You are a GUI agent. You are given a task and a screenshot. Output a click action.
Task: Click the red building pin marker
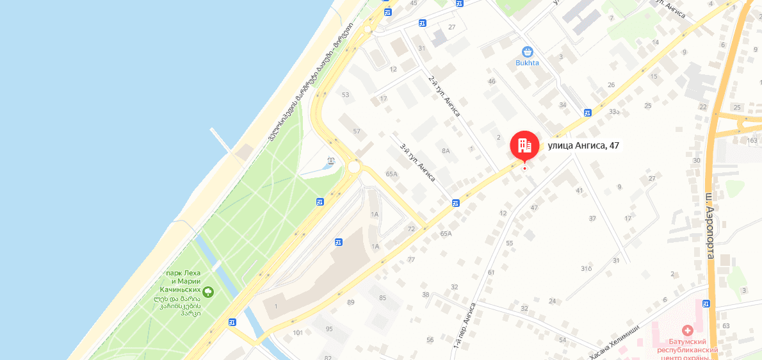pyautogui.click(x=524, y=145)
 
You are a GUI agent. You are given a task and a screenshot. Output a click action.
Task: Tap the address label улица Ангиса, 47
pyautogui.click(x=583, y=145)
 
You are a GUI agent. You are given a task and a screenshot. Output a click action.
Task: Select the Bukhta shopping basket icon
pyautogui.click(x=528, y=51)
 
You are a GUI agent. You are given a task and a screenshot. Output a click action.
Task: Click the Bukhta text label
pyautogui.click(x=528, y=63)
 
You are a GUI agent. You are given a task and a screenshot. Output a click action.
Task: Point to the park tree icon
pyautogui.click(x=208, y=293)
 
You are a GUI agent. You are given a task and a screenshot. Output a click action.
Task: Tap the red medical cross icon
pyautogui.click(x=687, y=331)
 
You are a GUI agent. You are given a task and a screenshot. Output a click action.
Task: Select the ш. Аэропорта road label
pyautogui.click(x=709, y=227)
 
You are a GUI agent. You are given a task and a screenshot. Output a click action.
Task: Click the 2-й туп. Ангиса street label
pyautogui.click(x=444, y=96)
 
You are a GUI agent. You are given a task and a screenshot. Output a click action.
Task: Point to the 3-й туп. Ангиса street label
pyautogui.click(x=417, y=163)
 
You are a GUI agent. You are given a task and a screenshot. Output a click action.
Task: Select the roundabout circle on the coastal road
pyautogui.click(x=354, y=167)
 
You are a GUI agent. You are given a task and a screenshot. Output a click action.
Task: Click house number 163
pyautogui.click(x=752, y=140)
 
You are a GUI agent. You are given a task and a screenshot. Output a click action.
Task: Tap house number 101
pyautogui.click(x=297, y=332)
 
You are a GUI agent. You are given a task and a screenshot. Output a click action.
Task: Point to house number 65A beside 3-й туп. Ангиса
pyautogui.click(x=392, y=174)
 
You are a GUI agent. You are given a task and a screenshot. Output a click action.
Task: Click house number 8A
pyautogui.click(x=446, y=151)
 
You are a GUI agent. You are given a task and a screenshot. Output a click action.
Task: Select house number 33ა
pyautogui.click(x=615, y=111)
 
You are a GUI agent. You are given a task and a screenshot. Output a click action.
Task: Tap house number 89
pyautogui.click(x=350, y=302)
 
